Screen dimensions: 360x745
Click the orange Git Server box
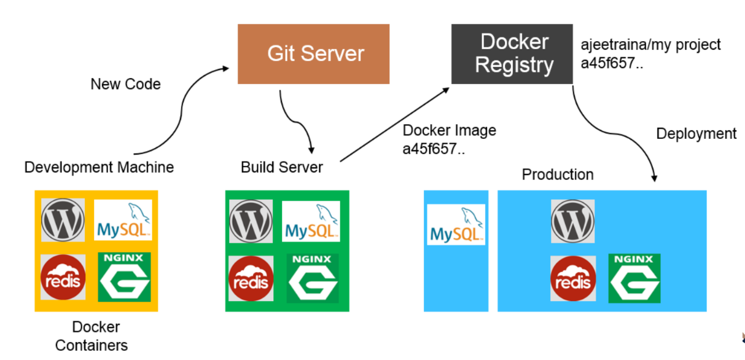pyautogui.click(x=313, y=53)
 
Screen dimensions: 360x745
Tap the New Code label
pyautogui.click(x=125, y=84)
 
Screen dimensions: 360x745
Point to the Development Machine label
pyautogui.click(x=99, y=167)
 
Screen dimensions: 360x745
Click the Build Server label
pyautogui.click(x=281, y=167)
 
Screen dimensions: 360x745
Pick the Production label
pyautogui.click(x=557, y=174)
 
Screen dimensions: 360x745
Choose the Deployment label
pyautogui.click(x=696, y=134)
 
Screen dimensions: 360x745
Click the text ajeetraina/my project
pyautogui.click(x=650, y=45)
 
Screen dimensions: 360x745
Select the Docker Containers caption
pyautogui.click(x=92, y=336)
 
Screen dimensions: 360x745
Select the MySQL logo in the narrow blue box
pyautogui.click(x=456, y=225)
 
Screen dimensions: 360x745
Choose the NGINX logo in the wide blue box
pyautogui.click(x=634, y=278)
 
